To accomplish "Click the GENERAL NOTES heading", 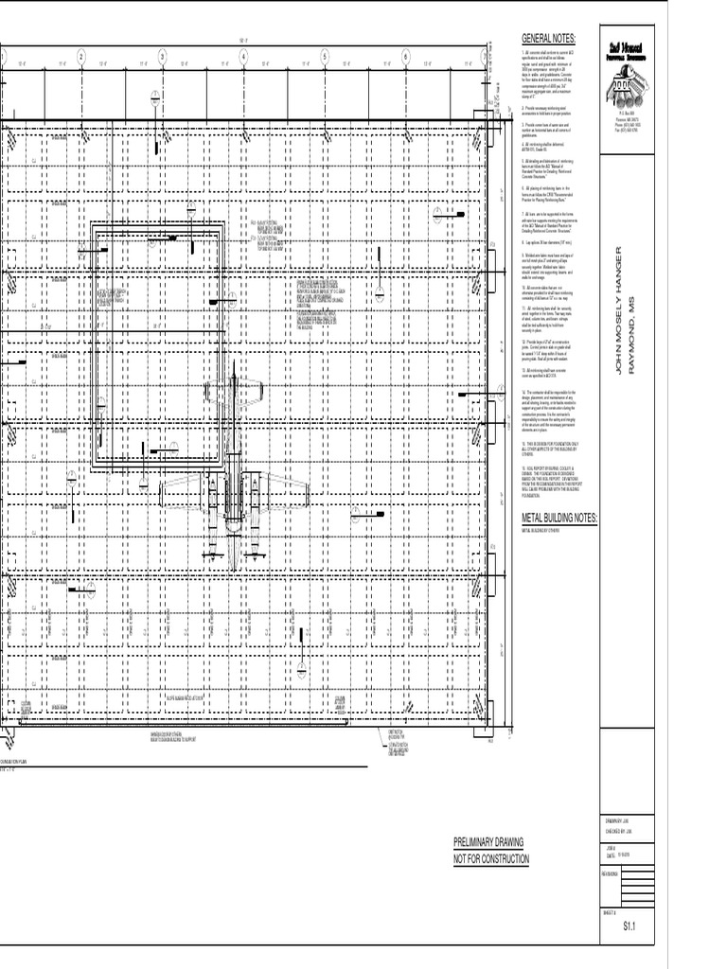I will coord(548,38).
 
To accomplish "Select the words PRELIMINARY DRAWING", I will coord(488,841).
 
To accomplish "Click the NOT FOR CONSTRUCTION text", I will coord(491,858).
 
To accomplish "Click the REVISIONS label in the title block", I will coord(614,873).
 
